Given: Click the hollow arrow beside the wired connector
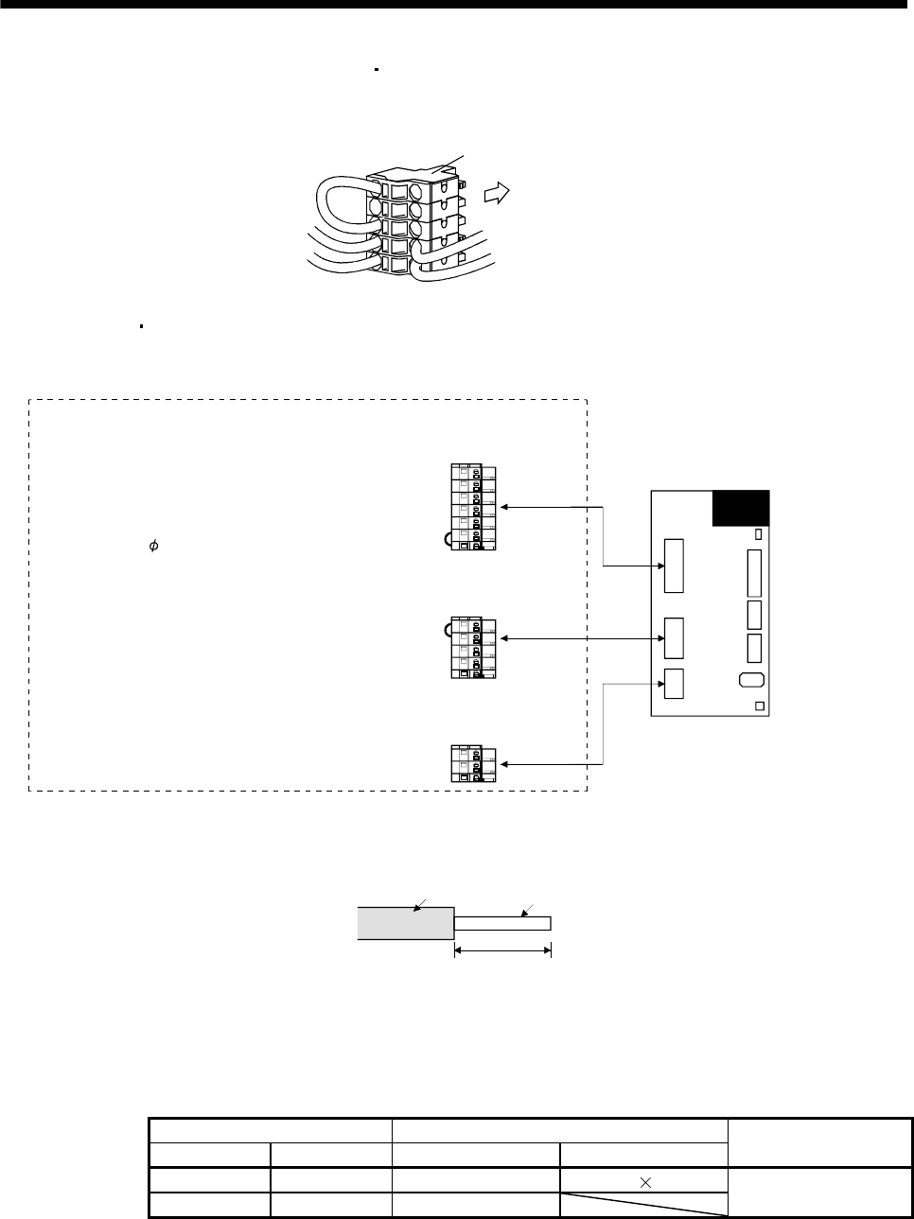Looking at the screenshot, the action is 495,194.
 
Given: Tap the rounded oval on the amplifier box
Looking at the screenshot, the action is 749,679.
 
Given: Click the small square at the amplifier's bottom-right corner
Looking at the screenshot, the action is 759,706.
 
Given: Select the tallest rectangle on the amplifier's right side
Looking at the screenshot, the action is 754,574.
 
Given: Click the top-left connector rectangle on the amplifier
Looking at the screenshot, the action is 674,566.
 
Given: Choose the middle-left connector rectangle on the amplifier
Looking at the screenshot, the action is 674,637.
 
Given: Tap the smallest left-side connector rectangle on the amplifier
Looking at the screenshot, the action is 674,683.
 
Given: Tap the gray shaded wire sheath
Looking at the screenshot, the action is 405,923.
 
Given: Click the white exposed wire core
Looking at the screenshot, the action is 502,923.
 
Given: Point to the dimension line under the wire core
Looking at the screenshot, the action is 502,951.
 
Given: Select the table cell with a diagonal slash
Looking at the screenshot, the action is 643,1204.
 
